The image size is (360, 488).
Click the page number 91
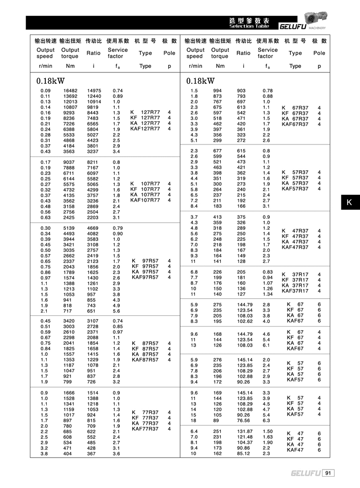[329, 473]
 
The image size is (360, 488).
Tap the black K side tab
[349, 203]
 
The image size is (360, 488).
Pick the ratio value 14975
[94, 91]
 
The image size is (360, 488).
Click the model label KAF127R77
[146, 129]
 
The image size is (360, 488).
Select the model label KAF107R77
[146, 201]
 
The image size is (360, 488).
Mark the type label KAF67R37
[295, 124]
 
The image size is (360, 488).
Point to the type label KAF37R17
[295, 291]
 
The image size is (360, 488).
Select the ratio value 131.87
[244, 431]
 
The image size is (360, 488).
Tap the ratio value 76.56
[244, 420]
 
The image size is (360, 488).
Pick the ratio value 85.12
[244, 454]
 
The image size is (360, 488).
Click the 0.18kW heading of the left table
[50, 81]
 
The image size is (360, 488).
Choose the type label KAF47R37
[295, 247]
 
